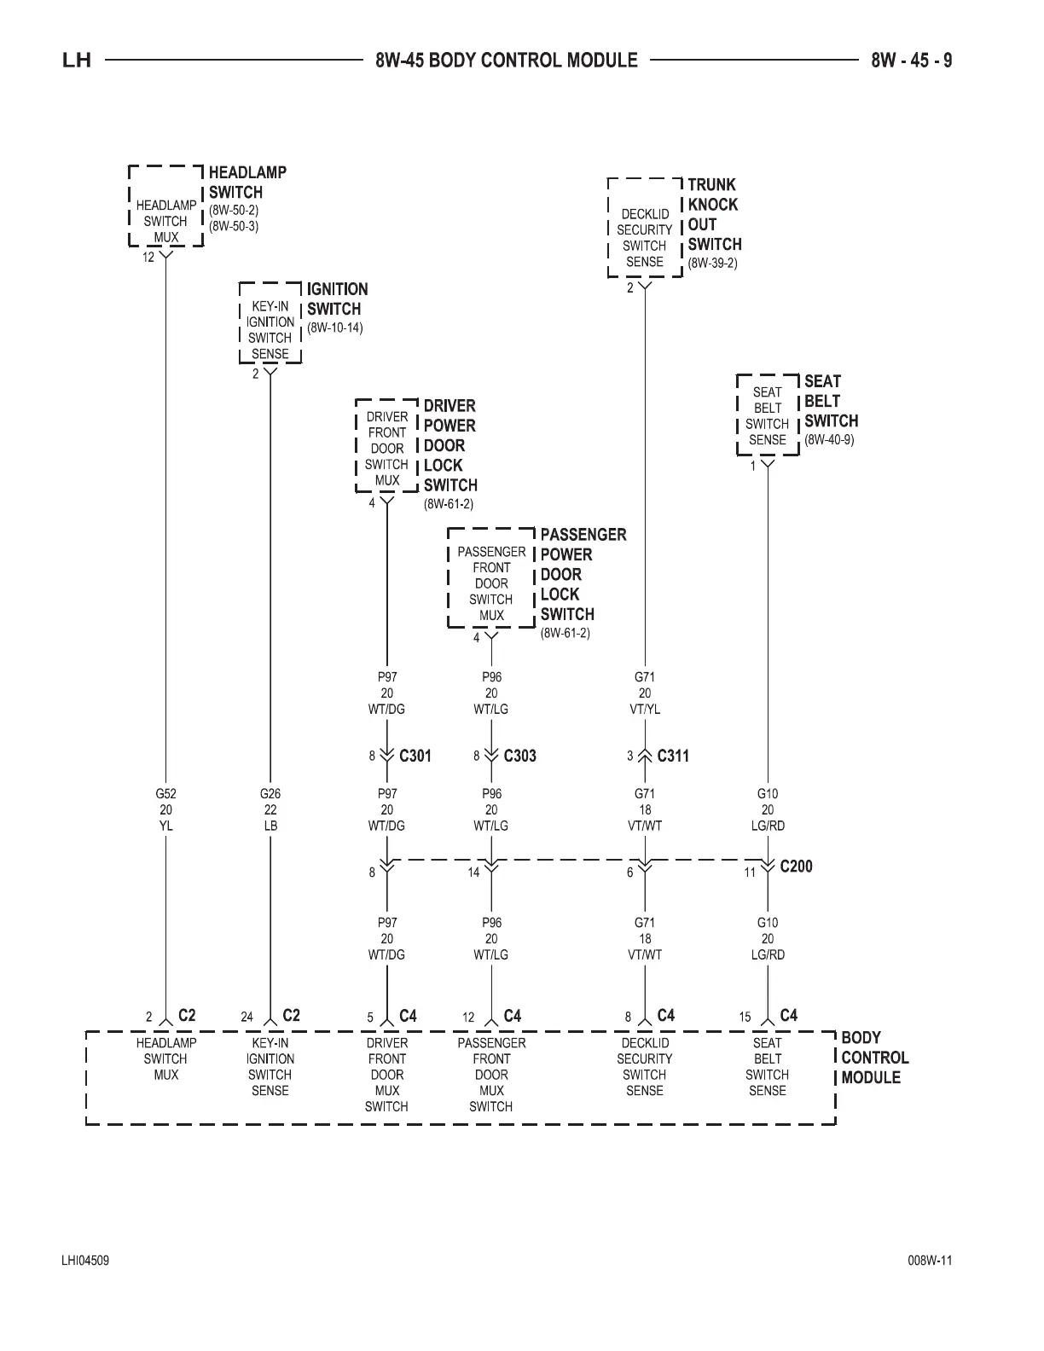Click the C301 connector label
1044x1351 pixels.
pyautogui.click(x=415, y=756)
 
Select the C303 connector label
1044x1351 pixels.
pyautogui.click(x=519, y=756)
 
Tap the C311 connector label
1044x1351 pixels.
pyautogui.click(x=673, y=756)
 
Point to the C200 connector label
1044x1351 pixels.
pyautogui.click(x=796, y=867)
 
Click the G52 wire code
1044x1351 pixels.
pyautogui.click(x=166, y=793)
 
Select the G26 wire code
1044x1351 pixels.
pyautogui.click(x=270, y=793)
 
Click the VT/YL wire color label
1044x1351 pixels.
pyautogui.click(x=645, y=709)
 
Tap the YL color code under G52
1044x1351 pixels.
pyautogui.click(x=166, y=826)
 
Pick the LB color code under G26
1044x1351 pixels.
pyautogui.click(x=270, y=826)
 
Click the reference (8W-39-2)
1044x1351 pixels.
pyautogui.click(x=712, y=263)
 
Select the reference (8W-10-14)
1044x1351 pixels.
pyautogui.click(x=335, y=328)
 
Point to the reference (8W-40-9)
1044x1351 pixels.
pyautogui.click(x=829, y=440)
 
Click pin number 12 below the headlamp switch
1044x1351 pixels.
pyautogui.click(x=148, y=257)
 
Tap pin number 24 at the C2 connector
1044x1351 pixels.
pyautogui.click(x=246, y=1017)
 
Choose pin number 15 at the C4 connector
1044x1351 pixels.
pyautogui.click(x=745, y=1017)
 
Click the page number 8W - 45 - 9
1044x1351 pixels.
pyautogui.click(x=911, y=61)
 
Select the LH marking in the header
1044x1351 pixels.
pyautogui.click(x=77, y=61)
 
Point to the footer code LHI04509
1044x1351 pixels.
pyautogui.click(x=84, y=1261)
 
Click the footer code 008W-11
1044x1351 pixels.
pyautogui.click(x=930, y=1261)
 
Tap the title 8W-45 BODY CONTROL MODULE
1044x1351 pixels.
pyautogui.click(x=506, y=61)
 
